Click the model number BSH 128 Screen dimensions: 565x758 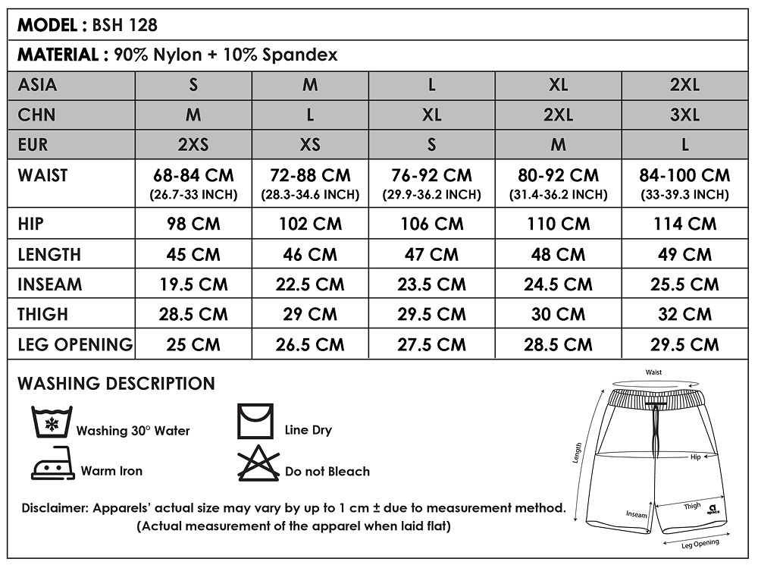[125, 25]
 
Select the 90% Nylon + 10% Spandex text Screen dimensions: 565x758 [226, 55]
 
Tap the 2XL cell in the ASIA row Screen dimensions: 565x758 [684, 85]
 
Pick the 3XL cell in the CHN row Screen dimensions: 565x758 [684, 115]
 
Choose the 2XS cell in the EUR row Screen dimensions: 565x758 [193, 144]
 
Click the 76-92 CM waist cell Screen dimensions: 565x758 [431, 176]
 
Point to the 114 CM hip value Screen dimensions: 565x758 [684, 224]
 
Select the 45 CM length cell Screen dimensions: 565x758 [193, 255]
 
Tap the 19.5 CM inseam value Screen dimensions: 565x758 [193, 284]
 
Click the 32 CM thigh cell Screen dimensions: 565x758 [684, 314]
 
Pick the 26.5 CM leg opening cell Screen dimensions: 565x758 [310, 344]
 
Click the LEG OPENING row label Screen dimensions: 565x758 [75, 344]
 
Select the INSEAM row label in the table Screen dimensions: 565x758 [50, 284]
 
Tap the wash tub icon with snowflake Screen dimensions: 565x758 [51, 422]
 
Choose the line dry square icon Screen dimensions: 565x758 [255, 422]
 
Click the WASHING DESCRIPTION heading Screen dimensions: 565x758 [116, 384]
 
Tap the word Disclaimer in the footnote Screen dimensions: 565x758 [55, 508]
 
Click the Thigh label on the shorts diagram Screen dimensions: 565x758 [692, 506]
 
